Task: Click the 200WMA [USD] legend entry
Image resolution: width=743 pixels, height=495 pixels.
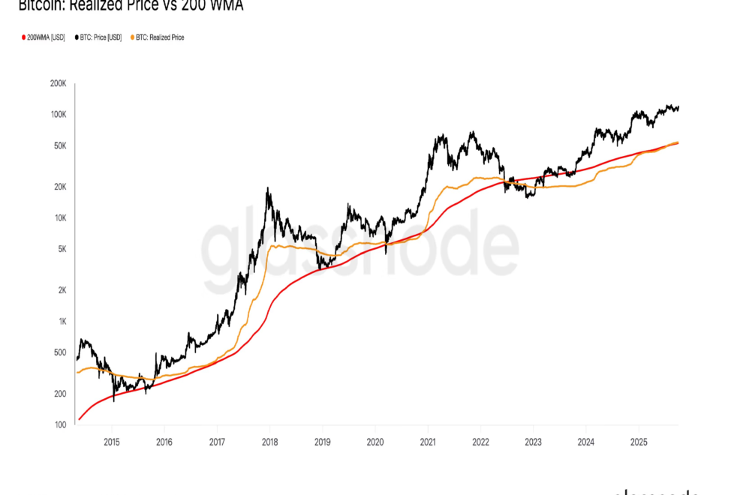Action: click(45, 37)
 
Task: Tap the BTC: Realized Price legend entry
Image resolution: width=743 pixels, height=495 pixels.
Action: click(159, 37)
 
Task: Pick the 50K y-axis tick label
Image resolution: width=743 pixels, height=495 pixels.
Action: click(59, 145)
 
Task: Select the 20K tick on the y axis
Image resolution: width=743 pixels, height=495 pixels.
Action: click(59, 187)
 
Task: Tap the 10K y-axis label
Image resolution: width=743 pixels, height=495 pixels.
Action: click(59, 218)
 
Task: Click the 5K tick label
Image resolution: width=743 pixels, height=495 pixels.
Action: click(62, 249)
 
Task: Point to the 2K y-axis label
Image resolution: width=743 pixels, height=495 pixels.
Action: click(62, 290)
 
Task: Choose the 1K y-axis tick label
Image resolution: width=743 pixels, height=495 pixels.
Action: click(62, 321)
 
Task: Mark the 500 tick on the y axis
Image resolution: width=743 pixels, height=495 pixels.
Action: click(60, 352)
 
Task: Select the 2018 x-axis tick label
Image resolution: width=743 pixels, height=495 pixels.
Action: click(269, 441)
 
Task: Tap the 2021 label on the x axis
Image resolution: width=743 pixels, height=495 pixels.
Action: click(428, 441)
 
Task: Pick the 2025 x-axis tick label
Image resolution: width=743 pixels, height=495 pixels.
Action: click(639, 441)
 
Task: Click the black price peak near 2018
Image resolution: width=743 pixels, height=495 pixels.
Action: click(268, 189)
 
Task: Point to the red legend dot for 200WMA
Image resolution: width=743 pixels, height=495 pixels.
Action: click(23, 37)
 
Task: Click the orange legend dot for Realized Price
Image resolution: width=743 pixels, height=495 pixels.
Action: click(133, 37)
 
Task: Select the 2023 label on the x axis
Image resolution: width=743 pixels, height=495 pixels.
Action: click(533, 441)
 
